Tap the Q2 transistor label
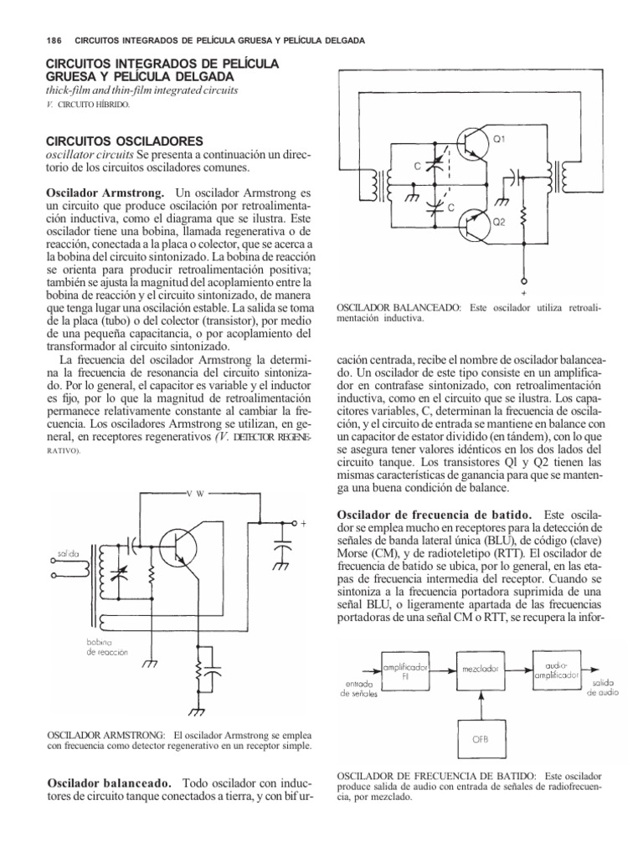point(499,223)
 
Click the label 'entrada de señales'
point(357,689)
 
